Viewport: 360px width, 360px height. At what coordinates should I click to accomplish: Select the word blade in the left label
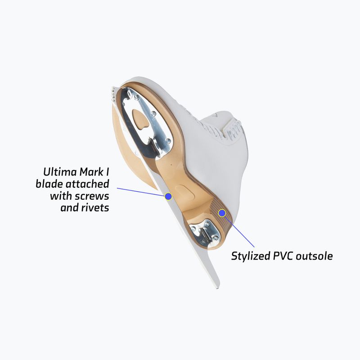pos(49,184)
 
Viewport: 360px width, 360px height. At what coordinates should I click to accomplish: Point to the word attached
pos(87,184)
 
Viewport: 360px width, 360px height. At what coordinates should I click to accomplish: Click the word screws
pos(93,196)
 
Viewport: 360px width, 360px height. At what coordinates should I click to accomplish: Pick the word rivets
pos(95,208)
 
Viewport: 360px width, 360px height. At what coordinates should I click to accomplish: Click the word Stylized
pos(250,256)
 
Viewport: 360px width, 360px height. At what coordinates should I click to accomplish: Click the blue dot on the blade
pos(168,196)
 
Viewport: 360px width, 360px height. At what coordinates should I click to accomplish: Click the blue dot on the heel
pos(222,213)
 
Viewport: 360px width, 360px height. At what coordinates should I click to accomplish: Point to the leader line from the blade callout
pos(141,192)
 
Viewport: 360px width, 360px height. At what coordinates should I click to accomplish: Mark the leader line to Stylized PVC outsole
pos(239,232)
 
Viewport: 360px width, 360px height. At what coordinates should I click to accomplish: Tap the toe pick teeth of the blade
pos(113,94)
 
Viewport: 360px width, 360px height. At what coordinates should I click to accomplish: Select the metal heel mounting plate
pos(204,232)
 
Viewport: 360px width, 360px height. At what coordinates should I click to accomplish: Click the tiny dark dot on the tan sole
pos(171,164)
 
